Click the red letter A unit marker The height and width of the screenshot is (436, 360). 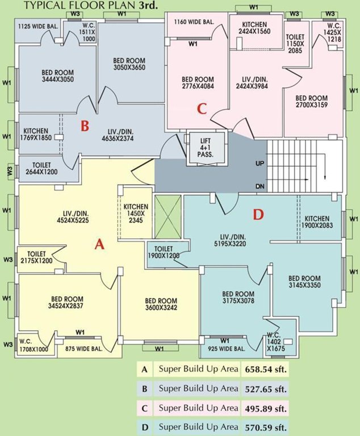coord(99,244)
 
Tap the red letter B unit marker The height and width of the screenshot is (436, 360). coord(84,126)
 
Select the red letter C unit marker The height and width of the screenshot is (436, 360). coord(200,108)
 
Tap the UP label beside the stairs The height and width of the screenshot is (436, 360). coord(260,163)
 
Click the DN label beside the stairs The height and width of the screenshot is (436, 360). coord(260,186)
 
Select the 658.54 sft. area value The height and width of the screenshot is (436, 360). coord(265,370)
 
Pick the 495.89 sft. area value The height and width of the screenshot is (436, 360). coord(265,408)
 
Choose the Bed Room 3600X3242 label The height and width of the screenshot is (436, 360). coord(161,304)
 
